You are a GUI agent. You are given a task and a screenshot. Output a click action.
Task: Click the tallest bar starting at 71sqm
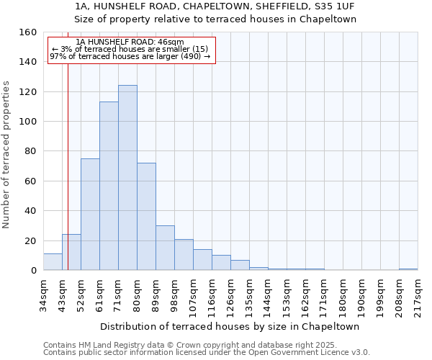pyautogui.click(x=127, y=178)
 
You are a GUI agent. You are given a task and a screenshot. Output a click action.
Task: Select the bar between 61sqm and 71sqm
pyautogui.click(x=109, y=186)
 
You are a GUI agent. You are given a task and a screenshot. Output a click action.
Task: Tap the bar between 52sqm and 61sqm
pyautogui.click(x=90, y=215)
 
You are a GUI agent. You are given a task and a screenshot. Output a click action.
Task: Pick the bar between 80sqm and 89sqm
pyautogui.click(x=146, y=217)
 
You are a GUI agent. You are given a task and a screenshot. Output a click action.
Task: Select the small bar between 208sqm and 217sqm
pyautogui.click(x=408, y=269)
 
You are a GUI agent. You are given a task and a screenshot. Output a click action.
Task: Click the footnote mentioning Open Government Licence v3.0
pyautogui.click(x=207, y=352)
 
